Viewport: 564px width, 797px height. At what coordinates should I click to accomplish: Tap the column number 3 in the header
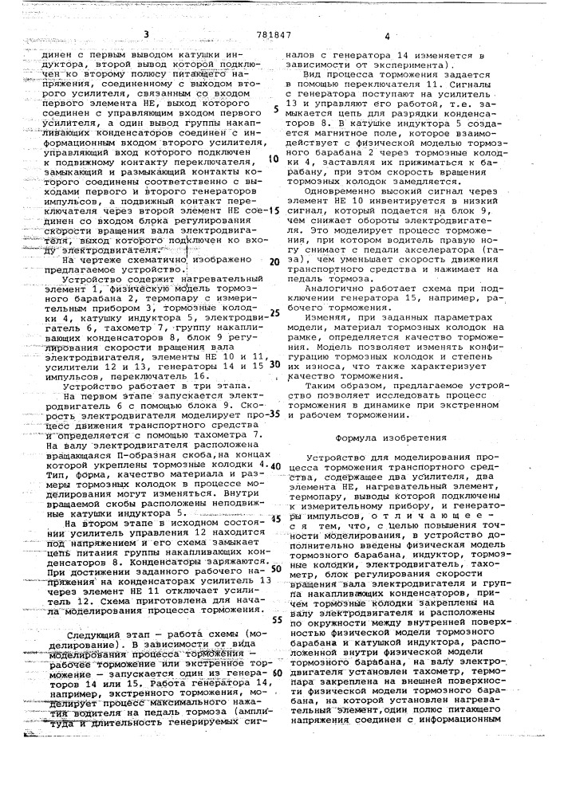(x=147, y=34)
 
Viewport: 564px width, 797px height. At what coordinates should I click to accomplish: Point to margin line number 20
(x=274, y=262)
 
